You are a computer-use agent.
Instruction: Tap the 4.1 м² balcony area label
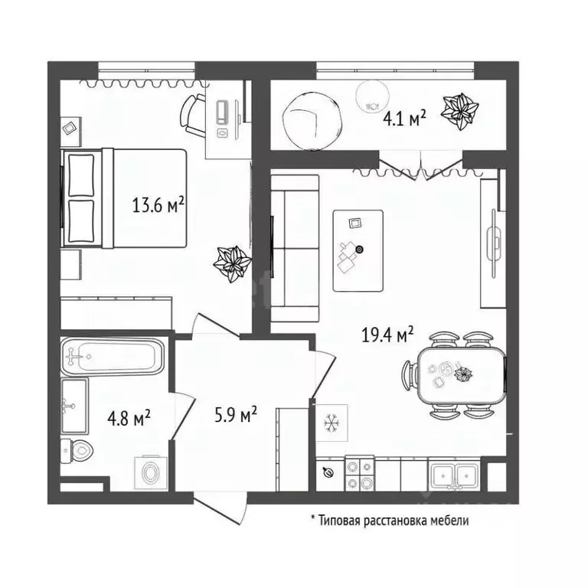(x=403, y=119)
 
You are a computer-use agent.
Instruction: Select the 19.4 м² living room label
(x=387, y=335)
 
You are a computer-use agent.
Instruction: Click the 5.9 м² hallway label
(x=234, y=416)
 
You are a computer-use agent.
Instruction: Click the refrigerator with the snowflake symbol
(x=332, y=423)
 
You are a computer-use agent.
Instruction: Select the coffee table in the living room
(x=358, y=250)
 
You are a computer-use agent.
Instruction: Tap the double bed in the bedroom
(x=126, y=198)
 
